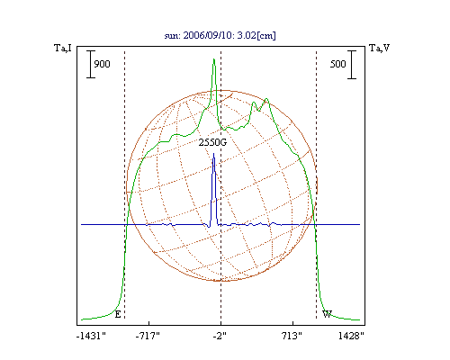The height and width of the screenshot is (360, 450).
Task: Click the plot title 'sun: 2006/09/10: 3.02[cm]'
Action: coord(220,35)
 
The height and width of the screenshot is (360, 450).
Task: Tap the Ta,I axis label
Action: coord(63,48)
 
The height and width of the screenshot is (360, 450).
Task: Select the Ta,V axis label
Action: coord(379,48)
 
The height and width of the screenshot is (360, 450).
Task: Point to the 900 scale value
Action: coord(102,64)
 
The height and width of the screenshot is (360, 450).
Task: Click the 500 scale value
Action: coord(338,64)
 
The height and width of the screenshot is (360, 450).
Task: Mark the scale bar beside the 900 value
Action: coord(91,64)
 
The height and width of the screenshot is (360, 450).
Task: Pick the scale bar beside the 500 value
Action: coord(352,65)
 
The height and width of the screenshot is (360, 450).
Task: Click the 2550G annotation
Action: coord(212,142)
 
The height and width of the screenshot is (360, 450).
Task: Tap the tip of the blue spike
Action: coord(213,153)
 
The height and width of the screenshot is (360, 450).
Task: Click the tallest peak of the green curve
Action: coord(214,58)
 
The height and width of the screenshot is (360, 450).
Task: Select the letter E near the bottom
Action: coord(118,314)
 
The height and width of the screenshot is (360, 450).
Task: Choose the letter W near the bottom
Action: coord(327,314)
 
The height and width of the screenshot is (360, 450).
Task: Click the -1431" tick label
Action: coord(91,336)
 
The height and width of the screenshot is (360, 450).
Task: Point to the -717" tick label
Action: coord(148,336)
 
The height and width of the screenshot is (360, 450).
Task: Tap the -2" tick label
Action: coord(220,336)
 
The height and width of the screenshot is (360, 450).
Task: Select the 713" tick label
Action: coord(292,336)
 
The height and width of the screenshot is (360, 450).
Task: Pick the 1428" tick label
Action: coord(351,336)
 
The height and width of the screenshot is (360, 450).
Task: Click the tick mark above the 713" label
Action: coord(293,323)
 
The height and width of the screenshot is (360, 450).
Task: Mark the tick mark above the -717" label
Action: coord(149,323)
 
